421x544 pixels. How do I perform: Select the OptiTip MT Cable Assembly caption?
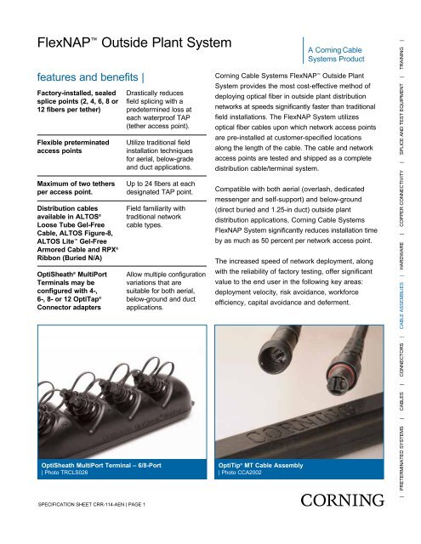tap(265, 465)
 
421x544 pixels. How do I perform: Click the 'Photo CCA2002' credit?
tap(246, 474)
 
